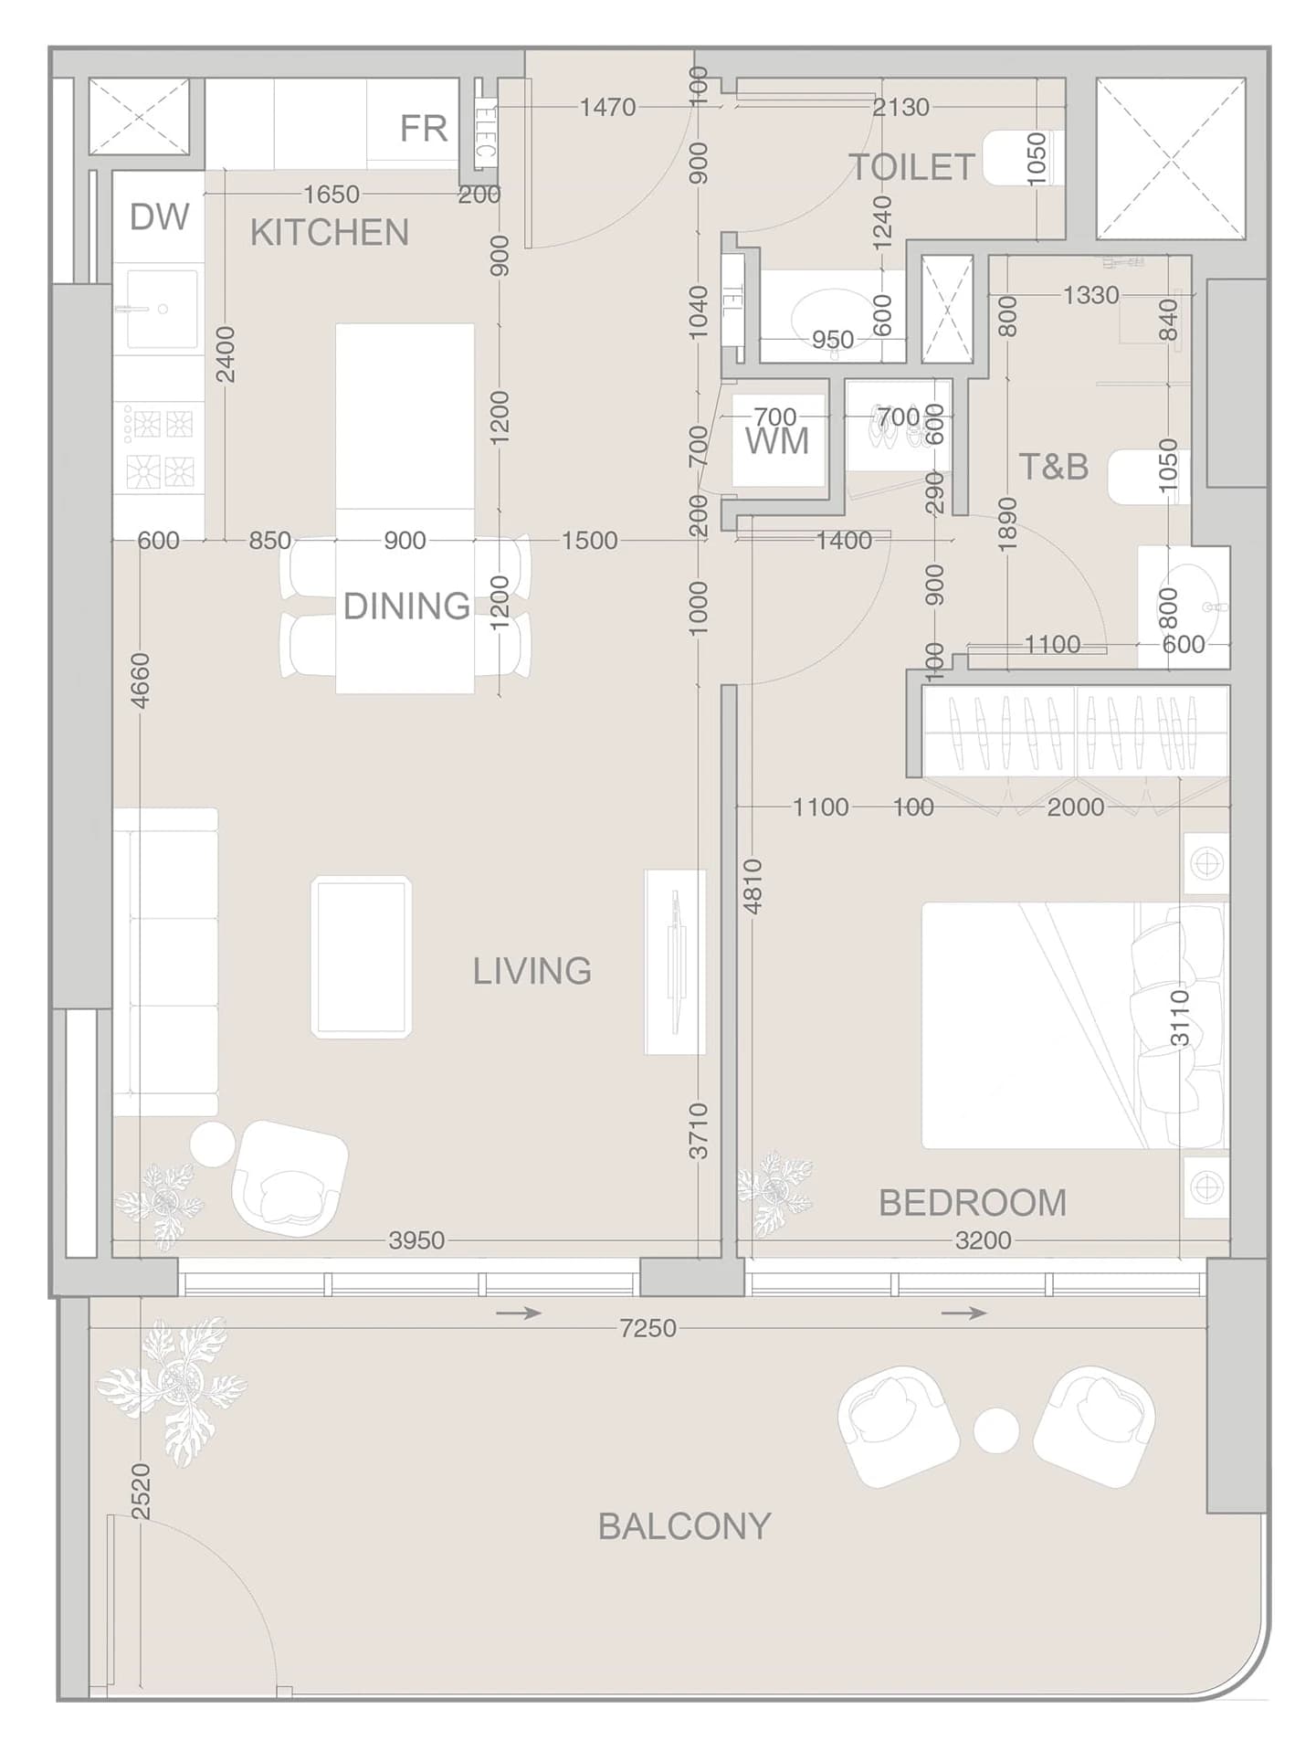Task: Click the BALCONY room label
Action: (684, 1526)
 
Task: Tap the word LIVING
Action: (532, 971)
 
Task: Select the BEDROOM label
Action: (973, 1203)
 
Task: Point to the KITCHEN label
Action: (330, 233)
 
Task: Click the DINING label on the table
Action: (406, 606)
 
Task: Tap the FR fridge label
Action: (424, 129)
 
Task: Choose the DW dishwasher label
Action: (160, 217)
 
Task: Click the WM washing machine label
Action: (777, 441)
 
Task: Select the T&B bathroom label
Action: (1054, 467)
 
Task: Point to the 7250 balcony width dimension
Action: (647, 1328)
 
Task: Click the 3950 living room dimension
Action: (416, 1240)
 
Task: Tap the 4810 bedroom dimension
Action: (753, 886)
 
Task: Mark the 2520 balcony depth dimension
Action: (141, 1492)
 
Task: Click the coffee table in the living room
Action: (362, 957)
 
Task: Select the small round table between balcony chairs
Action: (995, 1430)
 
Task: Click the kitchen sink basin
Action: (163, 309)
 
